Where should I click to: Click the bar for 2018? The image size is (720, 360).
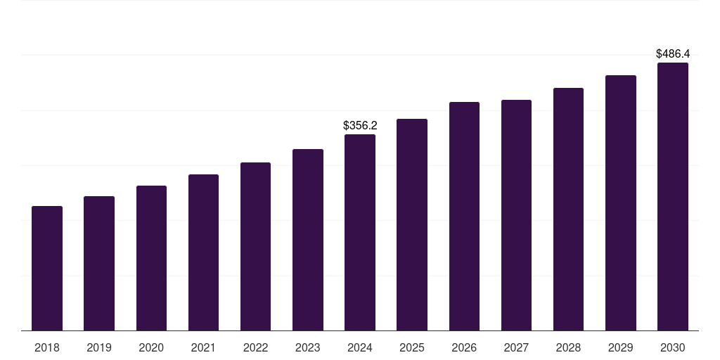(x=47, y=268)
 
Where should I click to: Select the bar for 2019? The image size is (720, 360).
(x=99, y=263)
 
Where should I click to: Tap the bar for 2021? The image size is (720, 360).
(x=203, y=252)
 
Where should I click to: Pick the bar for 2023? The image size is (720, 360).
(x=308, y=240)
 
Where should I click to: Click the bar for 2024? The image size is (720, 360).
(x=360, y=232)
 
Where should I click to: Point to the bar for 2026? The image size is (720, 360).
(x=464, y=217)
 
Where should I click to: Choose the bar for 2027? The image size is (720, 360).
(x=517, y=215)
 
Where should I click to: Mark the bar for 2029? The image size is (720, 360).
(x=621, y=203)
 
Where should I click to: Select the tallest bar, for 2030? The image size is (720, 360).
(x=673, y=197)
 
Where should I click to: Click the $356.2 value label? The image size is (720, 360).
(x=360, y=125)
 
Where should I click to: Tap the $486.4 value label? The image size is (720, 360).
(x=673, y=53)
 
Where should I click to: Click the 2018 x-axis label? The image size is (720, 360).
(x=47, y=347)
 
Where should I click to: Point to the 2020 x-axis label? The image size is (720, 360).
(x=151, y=347)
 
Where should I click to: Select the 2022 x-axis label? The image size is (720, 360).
(x=255, y=347)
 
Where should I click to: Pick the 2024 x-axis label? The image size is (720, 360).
(x=360, y=347)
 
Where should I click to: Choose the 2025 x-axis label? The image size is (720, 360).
(x=412, y=347)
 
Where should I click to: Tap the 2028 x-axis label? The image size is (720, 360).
(x=568, y=347)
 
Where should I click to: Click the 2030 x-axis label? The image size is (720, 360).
(x=673, y=347)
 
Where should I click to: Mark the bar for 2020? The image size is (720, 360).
(x=151, y=258)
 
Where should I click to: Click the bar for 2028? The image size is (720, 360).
(x=568, y=209)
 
